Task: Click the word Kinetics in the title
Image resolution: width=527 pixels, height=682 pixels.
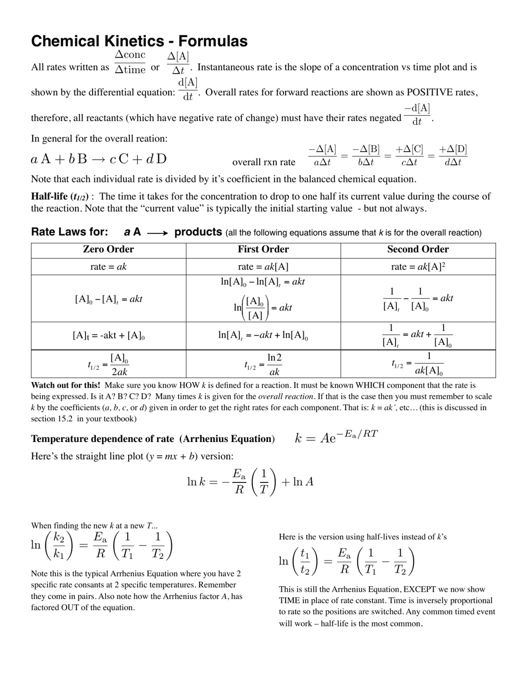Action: pos(144,42)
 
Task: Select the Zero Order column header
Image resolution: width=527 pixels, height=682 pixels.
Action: pos(108,250)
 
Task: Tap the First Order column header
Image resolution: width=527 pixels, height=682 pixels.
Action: pos(263,250)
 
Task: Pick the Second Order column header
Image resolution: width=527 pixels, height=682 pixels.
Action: pos(418,250)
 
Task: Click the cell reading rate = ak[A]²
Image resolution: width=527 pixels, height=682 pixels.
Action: pos(418,267)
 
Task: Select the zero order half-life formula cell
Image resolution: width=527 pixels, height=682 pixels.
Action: pos(108,364)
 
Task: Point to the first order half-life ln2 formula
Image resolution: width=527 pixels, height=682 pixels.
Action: pos(263,364)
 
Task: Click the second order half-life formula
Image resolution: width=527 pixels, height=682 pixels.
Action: pos(418,364)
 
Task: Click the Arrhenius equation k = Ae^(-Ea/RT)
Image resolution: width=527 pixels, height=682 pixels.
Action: pos(337,437)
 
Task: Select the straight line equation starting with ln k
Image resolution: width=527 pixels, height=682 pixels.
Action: pos(250,481)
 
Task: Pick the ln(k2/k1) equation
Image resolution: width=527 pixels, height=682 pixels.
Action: pos(102,545)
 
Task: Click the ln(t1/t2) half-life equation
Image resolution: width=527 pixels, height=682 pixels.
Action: pos(347,562)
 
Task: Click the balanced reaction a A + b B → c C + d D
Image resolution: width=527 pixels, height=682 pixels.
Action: pos(99,160)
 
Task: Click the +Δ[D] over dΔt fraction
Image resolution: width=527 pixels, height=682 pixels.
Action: pos(453,156)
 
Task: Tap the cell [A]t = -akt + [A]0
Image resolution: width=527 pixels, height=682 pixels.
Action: pos(108,335)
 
